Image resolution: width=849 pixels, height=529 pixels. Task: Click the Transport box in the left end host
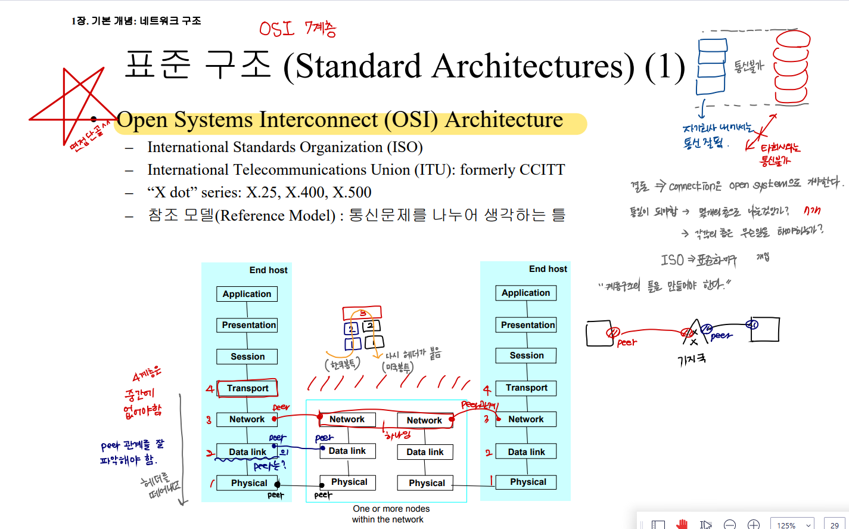[247, 388]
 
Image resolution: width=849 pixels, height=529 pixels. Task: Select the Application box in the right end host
[526, 293]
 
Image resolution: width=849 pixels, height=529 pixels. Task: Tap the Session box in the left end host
[247, 357]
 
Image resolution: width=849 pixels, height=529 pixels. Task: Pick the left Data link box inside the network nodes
[347, 451]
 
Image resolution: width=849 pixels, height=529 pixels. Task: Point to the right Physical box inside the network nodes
[426, 483]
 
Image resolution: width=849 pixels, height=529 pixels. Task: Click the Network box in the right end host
[526, 419]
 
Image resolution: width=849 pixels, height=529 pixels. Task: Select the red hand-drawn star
[71, 104]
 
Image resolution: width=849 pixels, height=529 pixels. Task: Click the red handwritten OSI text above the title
[277, 28]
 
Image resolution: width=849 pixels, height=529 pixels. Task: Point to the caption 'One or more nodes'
[391, 509]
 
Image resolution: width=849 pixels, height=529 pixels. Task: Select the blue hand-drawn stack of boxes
[711, 66]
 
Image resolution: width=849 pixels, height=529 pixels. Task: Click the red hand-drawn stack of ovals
[792, 67]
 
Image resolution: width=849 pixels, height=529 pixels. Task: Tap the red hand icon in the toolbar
[682, 524]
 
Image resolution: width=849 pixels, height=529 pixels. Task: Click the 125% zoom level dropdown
[792, 524]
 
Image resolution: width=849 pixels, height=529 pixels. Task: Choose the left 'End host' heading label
[268, 270]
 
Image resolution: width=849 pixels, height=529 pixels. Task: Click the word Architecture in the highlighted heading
[503, 120]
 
